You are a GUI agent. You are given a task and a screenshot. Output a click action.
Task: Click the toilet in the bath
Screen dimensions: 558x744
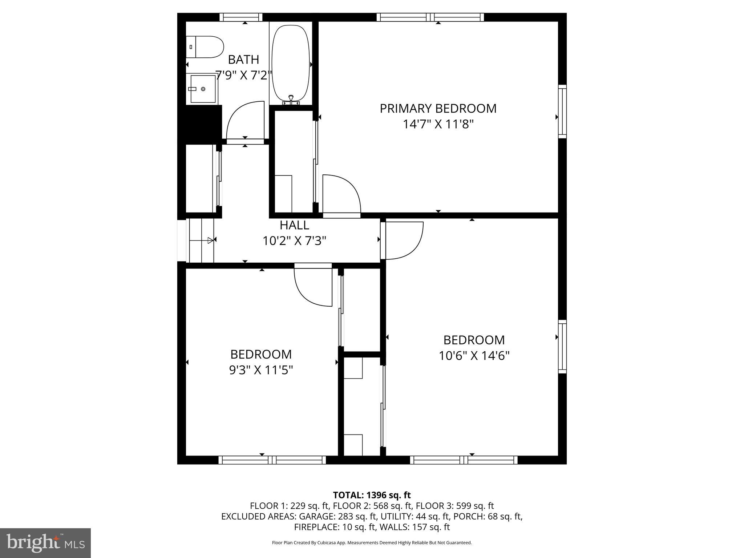205,47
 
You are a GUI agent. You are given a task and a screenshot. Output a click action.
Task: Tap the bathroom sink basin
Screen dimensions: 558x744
203,89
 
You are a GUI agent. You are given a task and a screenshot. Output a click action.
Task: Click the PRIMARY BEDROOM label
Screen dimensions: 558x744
438,108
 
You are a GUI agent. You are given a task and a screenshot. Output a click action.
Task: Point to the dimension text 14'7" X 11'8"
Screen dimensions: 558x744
438,124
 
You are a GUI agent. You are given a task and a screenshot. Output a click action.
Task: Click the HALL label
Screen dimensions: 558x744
294,225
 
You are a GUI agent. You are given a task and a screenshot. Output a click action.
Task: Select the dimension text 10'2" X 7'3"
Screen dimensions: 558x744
294,241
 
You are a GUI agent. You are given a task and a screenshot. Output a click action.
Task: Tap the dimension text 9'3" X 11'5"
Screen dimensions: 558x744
261,370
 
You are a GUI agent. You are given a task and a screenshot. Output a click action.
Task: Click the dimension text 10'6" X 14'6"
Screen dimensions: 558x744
474,355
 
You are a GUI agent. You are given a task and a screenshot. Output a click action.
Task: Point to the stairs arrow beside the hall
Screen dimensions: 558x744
210,240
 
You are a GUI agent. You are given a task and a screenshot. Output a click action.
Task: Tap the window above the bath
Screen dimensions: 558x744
241,17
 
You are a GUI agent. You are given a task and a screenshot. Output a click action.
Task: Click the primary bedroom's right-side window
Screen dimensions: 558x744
562,112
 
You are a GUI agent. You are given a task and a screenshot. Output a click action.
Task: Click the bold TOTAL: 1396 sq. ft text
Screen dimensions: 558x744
372,495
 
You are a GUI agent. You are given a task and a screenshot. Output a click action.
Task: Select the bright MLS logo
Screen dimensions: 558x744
45,543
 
